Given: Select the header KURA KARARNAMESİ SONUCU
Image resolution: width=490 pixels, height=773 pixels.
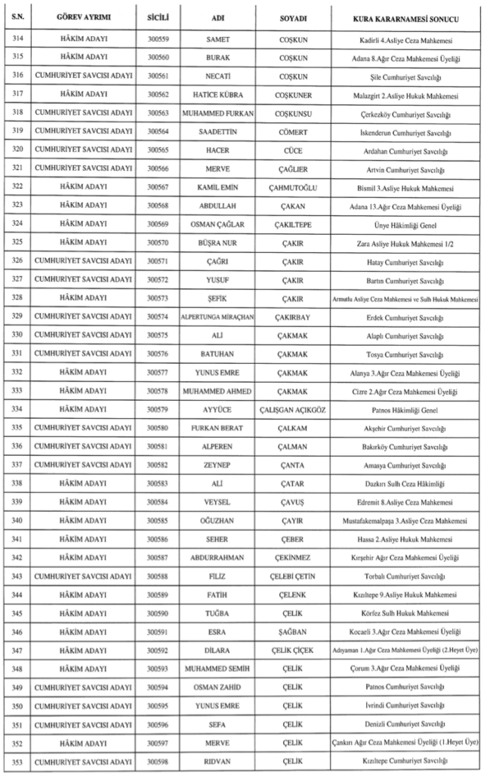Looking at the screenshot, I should pyautogui.click(x=408, y=16).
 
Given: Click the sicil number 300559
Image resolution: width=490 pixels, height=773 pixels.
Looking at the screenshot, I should pyautogui.click(x=158, y=38).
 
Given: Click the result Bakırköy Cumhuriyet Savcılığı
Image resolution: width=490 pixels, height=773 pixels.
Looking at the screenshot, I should pyautogui.click(x=408, y=447).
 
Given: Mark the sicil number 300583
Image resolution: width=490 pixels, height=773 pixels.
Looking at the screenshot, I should pyautogui.click(x=158, y=484).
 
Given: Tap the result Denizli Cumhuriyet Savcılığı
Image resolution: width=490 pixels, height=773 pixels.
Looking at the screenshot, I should pyautogui.click(x=408, y=724).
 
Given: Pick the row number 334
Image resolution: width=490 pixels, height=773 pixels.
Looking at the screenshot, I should pyautogui.click(x=17, y=410).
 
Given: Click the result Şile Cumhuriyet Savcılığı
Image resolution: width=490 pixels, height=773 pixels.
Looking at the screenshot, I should pyautogui.click(x=408, y=75).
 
